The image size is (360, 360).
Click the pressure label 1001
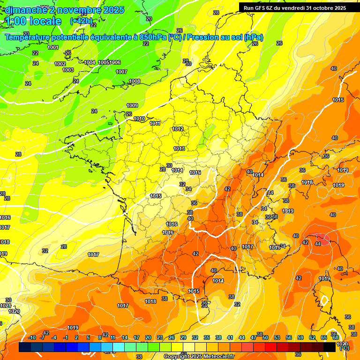point(53,47)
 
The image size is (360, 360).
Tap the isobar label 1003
point(68,70)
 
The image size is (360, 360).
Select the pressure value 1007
point(121,72)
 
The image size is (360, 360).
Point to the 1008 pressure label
point(135,81)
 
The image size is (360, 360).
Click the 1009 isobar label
point(132,105)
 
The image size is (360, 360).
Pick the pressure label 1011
point(155,123)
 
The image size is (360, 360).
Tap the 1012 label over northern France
point(178,129)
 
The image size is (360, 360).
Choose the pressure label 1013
point(179,149)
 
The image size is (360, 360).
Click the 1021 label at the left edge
point(6,306)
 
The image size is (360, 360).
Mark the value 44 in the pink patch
point(318,244)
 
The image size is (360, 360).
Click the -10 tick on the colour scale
point(32,337)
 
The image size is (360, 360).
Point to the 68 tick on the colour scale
point(336,337)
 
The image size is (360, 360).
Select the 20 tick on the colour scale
point(148,337)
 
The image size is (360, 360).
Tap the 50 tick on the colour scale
point(265,337)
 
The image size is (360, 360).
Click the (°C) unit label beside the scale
point(345,348)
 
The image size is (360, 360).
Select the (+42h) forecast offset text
point(82,22)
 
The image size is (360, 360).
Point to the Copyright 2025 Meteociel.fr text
point(199,356)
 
